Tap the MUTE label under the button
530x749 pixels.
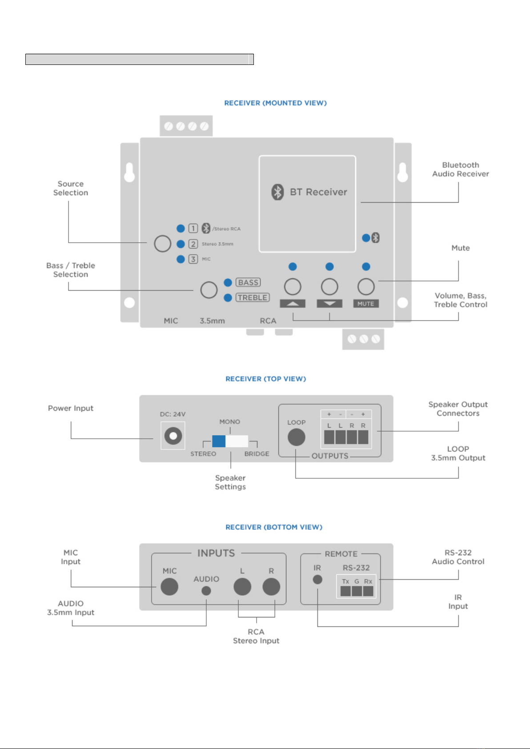(x=366, y=304)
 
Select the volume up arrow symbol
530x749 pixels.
(x=293, y=304)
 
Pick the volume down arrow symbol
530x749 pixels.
(x=329, y=304)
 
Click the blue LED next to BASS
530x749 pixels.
(x=228, y=283)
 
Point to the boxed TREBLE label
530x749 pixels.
(x=253, y=297)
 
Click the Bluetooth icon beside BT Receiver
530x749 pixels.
(x=277, y=192)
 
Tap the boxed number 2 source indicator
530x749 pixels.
(x=193, y=244)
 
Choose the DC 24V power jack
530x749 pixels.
(x=173, y=436)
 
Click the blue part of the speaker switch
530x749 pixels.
(x=219, y=441)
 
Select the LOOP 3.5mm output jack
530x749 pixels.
(x=296, y=437)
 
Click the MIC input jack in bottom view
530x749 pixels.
(x=169, y=587)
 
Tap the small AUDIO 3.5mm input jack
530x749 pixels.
(x=206, y=591)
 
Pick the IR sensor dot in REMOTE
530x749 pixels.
(x=317, y=580)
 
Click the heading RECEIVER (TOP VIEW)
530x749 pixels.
(x=266, y=379)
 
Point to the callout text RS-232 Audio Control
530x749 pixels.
(x=458, y=557)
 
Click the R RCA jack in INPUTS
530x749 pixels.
(x=271, y=587)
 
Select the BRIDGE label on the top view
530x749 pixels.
(x=257, y=454)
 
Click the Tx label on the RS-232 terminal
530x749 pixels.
(x=345, y=581)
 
